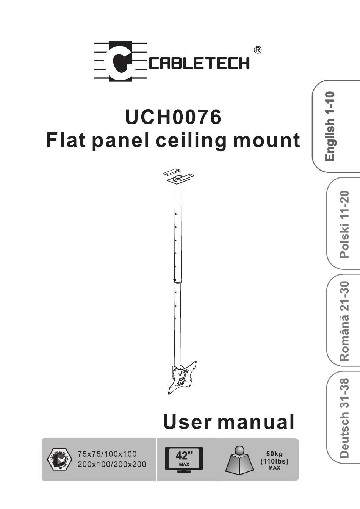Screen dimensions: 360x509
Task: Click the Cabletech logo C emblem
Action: [x=121, y=61]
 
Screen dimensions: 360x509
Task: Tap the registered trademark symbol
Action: [x=258, y=50]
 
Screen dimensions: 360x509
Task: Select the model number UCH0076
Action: [x=173, y=117]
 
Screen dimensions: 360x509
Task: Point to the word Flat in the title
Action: [x=67, y=140]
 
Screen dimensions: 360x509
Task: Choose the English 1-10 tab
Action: [x=336, y=127]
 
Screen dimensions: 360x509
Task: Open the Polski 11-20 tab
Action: [x=343, y=224]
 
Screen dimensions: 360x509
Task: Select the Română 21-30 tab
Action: [x=343, y=321]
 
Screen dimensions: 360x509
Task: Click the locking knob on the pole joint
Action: [x=174, y=280]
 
